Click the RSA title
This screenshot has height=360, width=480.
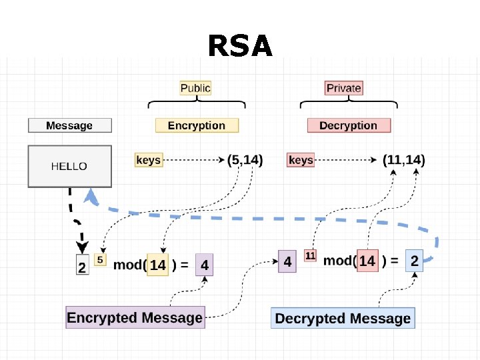240,45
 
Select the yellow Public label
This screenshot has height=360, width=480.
195,88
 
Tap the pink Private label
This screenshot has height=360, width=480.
344,88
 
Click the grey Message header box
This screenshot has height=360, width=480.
70,125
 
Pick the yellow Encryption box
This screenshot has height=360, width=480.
197,125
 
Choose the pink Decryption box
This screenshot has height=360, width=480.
349,125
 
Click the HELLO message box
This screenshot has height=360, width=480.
70,166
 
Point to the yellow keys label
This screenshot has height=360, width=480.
149,160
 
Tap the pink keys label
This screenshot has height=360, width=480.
301,160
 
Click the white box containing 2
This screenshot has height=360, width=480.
83,265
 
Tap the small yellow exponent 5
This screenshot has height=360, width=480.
100,260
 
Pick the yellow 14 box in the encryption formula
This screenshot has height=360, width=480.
157,265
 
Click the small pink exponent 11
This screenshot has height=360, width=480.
310,255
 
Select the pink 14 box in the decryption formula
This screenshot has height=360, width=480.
367,261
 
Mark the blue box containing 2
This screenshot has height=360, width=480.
415,261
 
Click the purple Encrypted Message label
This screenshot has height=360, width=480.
135,317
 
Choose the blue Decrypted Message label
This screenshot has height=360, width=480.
343,318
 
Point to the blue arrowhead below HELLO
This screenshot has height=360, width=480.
91,197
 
